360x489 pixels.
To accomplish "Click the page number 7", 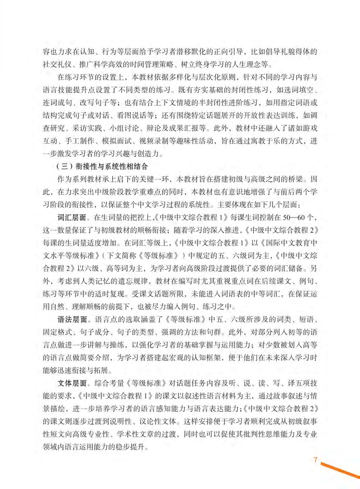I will (315, 460).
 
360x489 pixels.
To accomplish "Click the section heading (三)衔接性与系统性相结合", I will (102, 166).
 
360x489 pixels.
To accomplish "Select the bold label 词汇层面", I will (72, 217).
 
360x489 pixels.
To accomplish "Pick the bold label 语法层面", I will (72, 320).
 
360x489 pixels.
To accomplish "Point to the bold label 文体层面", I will (72, 383).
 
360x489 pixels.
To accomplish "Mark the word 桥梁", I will (295, 179).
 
